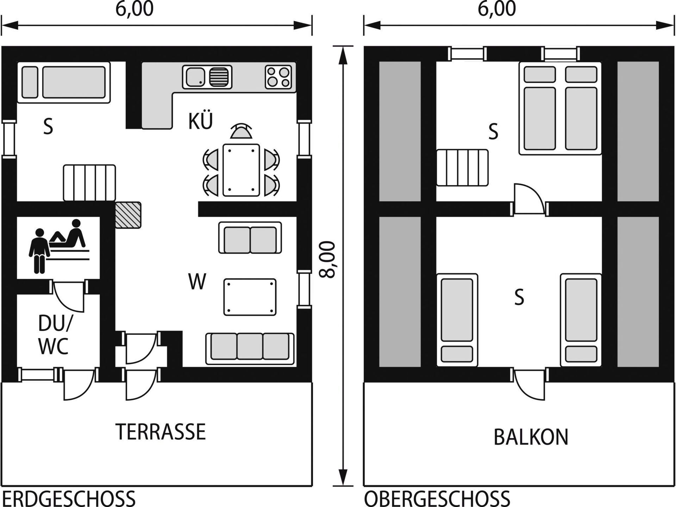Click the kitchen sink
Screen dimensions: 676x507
click(207, 77)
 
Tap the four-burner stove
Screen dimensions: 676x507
click(278, 77)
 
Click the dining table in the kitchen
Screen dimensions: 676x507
click(241, 170)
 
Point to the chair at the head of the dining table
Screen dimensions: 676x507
click(241, 132)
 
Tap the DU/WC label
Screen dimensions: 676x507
click(54, 334)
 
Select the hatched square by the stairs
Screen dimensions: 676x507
click(128, 215)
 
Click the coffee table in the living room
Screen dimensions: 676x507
click(250, 297)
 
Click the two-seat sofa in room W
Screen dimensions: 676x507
click(250, 238)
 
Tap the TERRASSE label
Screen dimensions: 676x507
click(161, 432)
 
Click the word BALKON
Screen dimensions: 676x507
click(531, 437)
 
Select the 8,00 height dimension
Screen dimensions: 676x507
click(328, 259)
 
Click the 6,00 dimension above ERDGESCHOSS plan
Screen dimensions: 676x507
click(134, 9)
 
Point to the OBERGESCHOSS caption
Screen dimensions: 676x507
click(437, 499)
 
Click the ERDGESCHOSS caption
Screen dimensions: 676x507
click(69, 499)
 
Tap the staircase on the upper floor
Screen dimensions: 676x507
click(462, 168)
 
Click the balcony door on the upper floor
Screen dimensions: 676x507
click(530, 384)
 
